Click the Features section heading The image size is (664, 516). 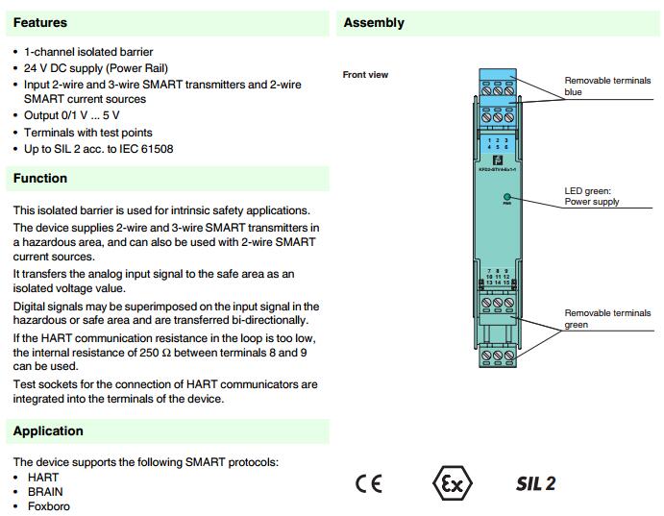tap(40, 22)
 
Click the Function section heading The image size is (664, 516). tap(40, 178)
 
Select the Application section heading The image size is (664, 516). tap(48, 431)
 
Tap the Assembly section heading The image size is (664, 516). tap(374, 22)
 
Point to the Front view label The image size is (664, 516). tap(365, 75)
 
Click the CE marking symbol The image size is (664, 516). tap(368, 483)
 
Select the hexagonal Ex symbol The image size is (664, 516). tap(453, 483)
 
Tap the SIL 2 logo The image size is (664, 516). tap(535, 483)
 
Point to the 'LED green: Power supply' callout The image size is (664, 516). tap(591, 197)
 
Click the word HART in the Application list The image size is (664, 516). tap(43, 478)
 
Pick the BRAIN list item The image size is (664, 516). tap(45, 492)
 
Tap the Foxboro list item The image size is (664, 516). tap(49, 506)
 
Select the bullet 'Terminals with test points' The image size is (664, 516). tap(88, 133)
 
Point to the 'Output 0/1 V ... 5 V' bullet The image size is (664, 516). tap(72, 116)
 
